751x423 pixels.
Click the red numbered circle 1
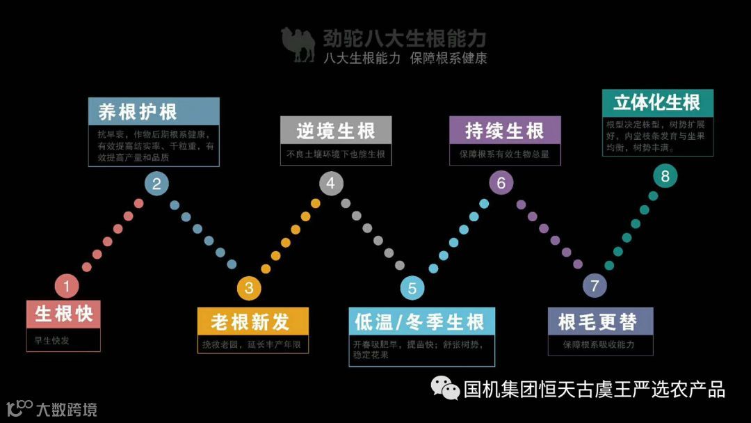(67, 285)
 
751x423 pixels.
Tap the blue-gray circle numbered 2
(156, 184)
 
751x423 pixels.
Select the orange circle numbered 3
(248, 287)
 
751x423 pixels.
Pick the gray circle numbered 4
(331, 183)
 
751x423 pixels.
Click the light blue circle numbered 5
(412, 288)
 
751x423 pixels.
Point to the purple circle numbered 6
(501, 183)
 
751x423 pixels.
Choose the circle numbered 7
(594, 286)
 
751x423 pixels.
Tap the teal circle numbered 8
(665, 176)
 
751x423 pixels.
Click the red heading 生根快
(64, 314)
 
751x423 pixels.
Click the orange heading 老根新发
(250, 322)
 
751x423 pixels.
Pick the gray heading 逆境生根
(336, 130)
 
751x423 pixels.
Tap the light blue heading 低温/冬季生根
(419, 322)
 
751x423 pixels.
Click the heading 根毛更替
(597, 322)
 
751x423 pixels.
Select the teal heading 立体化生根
(657, 103)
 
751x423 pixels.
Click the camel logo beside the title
(298, 45)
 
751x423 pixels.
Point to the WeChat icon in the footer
(445, 388)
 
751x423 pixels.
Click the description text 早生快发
(52, 340)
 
